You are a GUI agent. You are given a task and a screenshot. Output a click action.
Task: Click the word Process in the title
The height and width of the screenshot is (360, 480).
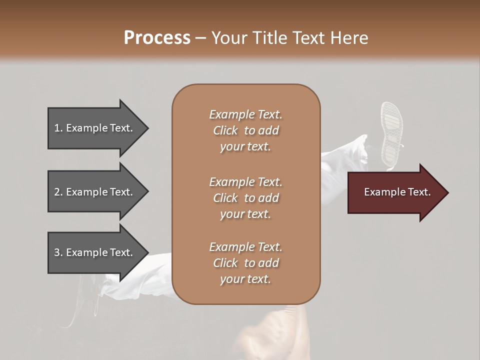[x=157, y=38]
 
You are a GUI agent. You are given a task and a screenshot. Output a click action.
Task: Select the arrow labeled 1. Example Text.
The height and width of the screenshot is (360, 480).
[x=95, y=128]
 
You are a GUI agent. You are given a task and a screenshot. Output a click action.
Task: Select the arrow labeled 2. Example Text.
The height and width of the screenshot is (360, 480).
[x=95, y=191]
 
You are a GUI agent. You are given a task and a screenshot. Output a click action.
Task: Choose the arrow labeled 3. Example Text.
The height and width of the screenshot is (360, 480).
[x=95, y=252]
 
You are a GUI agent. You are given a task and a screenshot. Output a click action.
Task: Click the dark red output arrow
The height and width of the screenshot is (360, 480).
[x=395, y=192]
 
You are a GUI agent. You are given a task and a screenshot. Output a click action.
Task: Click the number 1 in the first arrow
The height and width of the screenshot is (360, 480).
[x=57, y=128]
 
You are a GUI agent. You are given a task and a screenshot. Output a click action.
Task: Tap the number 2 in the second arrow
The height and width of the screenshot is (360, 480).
[x=57, y=192]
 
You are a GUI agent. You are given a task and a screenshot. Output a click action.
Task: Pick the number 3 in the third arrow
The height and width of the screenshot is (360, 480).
[x=57, y=252]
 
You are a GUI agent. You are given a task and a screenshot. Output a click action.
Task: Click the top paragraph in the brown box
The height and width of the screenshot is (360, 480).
[x=245, y=130]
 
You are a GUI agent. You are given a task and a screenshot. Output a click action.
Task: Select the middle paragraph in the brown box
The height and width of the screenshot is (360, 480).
[x=245, y=198]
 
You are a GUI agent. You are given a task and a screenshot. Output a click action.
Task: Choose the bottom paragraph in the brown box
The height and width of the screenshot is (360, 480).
[x=245, y=263]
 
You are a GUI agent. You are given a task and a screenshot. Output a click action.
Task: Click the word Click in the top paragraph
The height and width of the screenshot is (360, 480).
[x=225, y=130]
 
